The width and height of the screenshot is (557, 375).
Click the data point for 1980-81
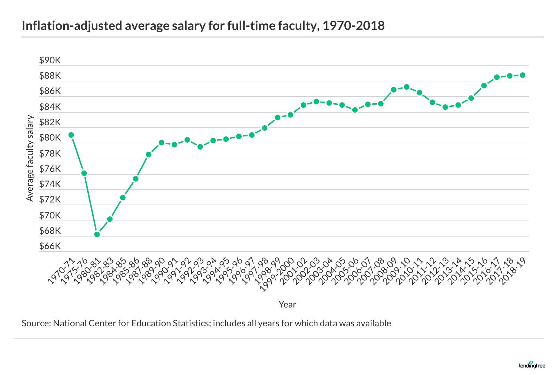point(97,234)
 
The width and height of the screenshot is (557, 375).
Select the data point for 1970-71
point(71,135)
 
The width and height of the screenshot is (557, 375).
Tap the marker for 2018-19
point(523,75)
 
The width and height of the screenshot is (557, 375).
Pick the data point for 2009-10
point(406,87)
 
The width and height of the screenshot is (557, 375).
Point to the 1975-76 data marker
point(84,173)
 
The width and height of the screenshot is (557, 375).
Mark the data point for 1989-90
point(162,143)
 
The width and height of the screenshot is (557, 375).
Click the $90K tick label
point(50,61)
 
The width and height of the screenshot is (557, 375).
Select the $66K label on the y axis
point(50,246)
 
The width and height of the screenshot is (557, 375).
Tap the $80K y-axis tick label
point(50,138)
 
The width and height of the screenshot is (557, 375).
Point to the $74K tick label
point(50,184)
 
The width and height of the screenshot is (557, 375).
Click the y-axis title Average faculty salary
point(30,158)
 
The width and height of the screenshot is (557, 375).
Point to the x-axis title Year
point(287,305)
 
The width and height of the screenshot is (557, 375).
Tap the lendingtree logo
point(532,365)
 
